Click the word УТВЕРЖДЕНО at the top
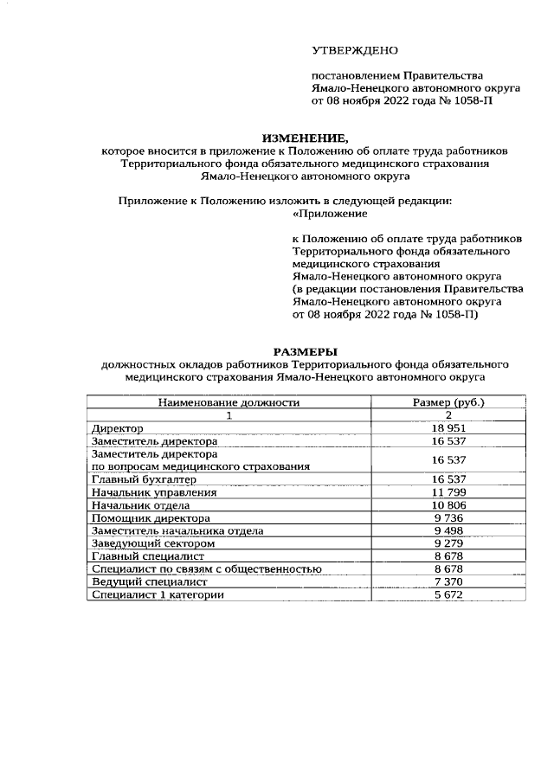pos(355,51)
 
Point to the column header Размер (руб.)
pos(448,402)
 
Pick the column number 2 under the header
pos(448,415)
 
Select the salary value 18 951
pos(448,428)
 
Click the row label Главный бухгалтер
pos(144,479)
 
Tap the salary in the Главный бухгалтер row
pos(448,479)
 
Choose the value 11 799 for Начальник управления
pos(448,492)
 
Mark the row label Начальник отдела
pos(140,504)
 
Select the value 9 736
pos(448,517)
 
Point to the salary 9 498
pos(448,530)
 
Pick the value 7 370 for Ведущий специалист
pos(448,581)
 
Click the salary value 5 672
pos(448,594)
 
